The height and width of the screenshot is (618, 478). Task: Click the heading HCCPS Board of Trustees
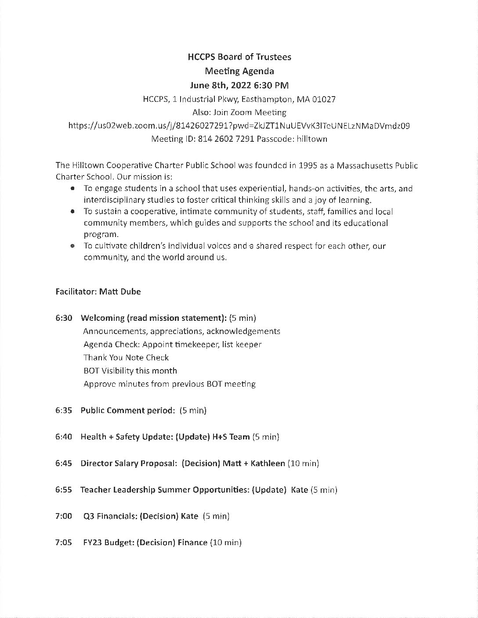tap(239, 57)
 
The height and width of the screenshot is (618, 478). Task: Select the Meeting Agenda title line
tap(239, 71)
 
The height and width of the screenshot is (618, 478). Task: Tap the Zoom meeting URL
tap(239, 126)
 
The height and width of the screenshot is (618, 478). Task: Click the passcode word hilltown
tap(311, 139)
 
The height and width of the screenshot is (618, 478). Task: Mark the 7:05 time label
tap(64, 543)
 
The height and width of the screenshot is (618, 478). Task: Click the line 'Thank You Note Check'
tap(126, 358)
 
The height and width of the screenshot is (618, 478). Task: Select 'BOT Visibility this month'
tap(130, 371)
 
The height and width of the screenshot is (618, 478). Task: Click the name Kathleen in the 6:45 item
tap(268, 463)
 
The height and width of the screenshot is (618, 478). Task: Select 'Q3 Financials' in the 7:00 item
tap(110, 516)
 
